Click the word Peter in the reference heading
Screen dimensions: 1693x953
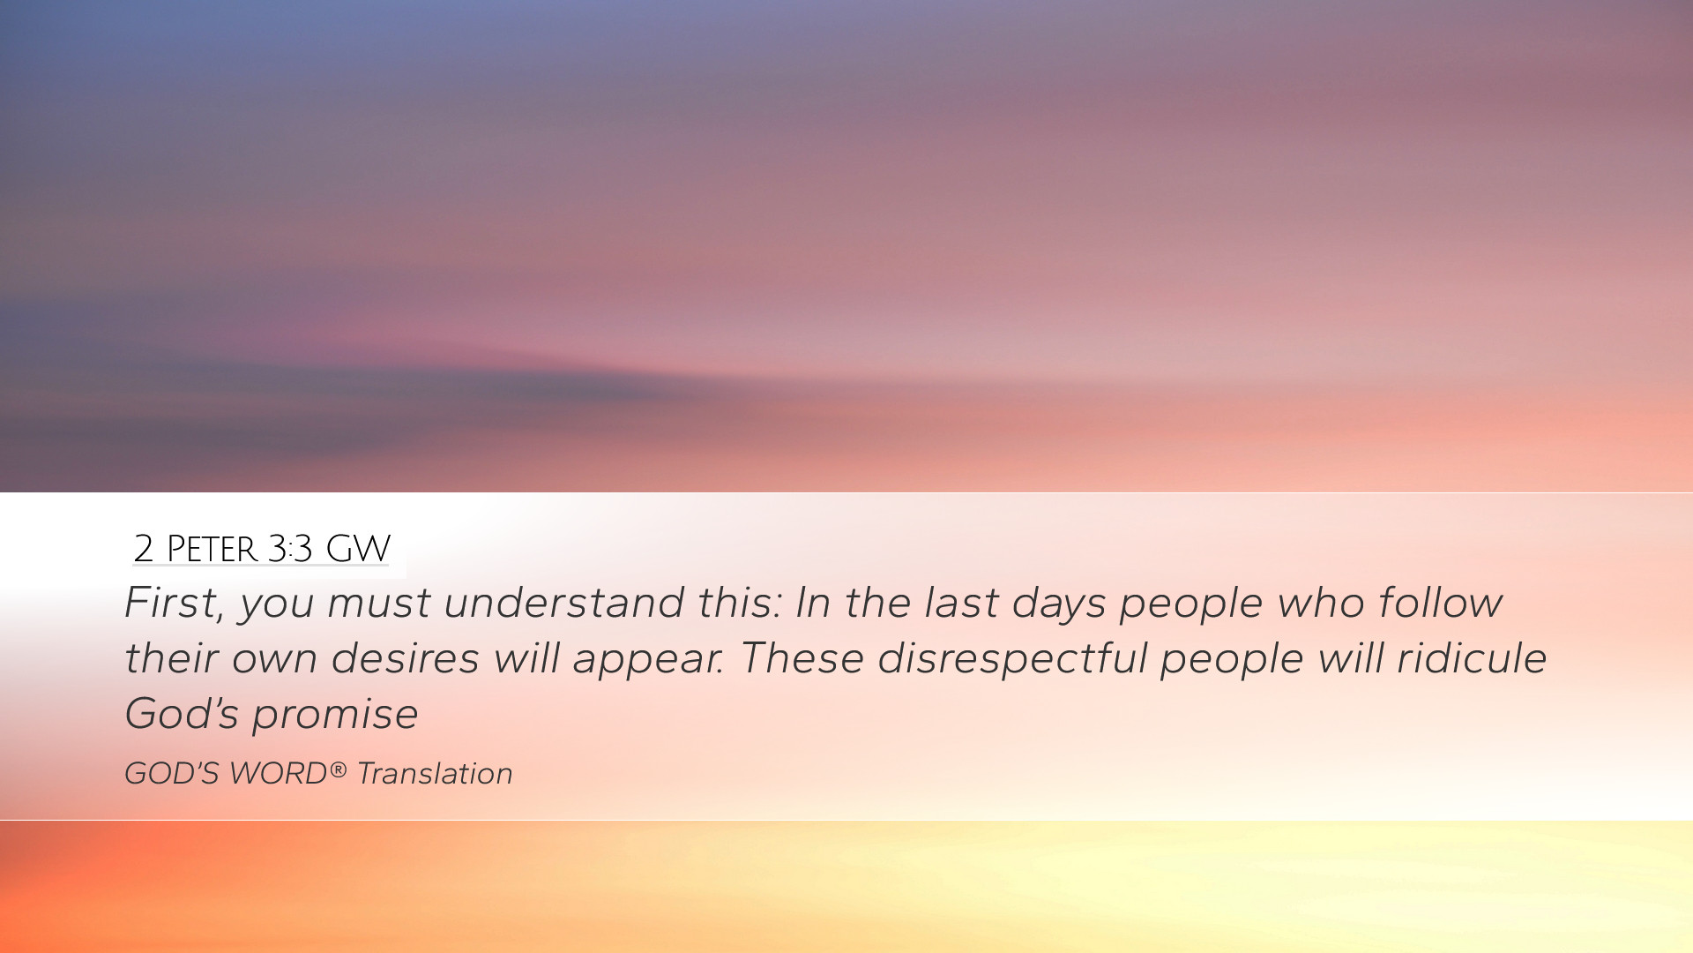tap(211, 549)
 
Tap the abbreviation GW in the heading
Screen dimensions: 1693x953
tap(358, 549)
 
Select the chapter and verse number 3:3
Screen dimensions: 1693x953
tap(290, 549)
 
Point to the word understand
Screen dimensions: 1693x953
tap(563, 604)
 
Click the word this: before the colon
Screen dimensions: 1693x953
tap(739, 604)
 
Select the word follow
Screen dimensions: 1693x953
tap(1441, 604)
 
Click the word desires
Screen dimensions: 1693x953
tap(405, 659)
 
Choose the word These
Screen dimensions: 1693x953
tap(801, 659)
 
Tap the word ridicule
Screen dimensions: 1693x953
tap(1472, 659)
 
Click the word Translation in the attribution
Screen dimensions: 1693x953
tap(435, 774)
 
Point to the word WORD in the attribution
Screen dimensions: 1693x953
tap(278, 774)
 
